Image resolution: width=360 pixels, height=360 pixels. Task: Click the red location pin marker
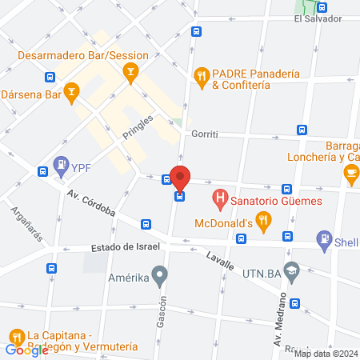pos(180,178)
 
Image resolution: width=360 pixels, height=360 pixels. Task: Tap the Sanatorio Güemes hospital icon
pos(218,196)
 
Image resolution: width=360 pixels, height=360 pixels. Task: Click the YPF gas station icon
pos(62,166)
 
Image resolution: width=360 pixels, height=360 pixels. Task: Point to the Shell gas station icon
pos(324,237)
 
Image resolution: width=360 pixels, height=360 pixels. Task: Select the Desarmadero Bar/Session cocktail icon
pos(130,73)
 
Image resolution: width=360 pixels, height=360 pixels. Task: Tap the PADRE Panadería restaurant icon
pos(202,77)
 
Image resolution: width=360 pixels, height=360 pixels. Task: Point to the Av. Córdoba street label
pos(91,205)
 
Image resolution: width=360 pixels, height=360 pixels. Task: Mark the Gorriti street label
pos(206,134)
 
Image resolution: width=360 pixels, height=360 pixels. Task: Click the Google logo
pos(26,350)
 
